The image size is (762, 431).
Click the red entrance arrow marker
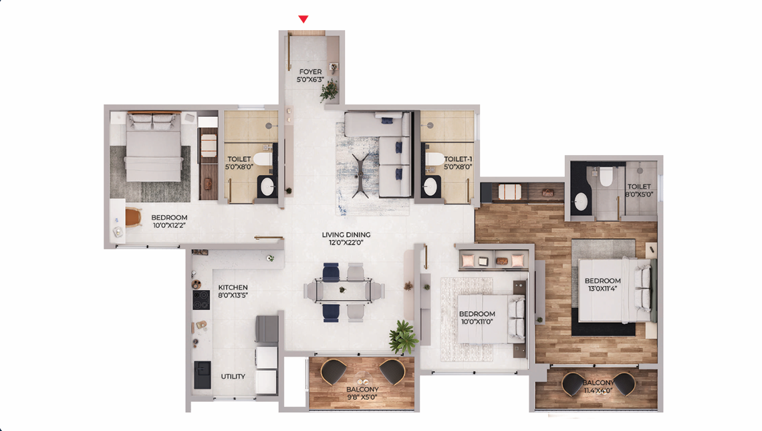(x=303, y=19)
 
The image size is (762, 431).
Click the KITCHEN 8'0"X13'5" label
(x=233, y=291)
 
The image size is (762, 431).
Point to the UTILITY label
(x=233, y=376)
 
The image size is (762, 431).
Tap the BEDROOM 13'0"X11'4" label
(x=602, y=285)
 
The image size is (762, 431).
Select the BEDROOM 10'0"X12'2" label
(x=169, y=221)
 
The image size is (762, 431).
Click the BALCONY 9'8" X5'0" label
(x=362, y=393)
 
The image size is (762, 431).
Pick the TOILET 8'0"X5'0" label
(x=640, y=191)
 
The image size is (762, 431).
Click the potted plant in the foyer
(x=329, y=90)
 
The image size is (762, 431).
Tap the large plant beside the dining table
(x=403, y=336)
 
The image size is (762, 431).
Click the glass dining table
(x=344, y=291)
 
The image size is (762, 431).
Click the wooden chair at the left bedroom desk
(x=134, y=217)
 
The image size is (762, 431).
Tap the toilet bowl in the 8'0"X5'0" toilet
(x=606, y=176)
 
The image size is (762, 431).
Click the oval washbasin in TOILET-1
(x=430, y=187)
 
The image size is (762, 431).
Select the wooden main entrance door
(x=307, y=33)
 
